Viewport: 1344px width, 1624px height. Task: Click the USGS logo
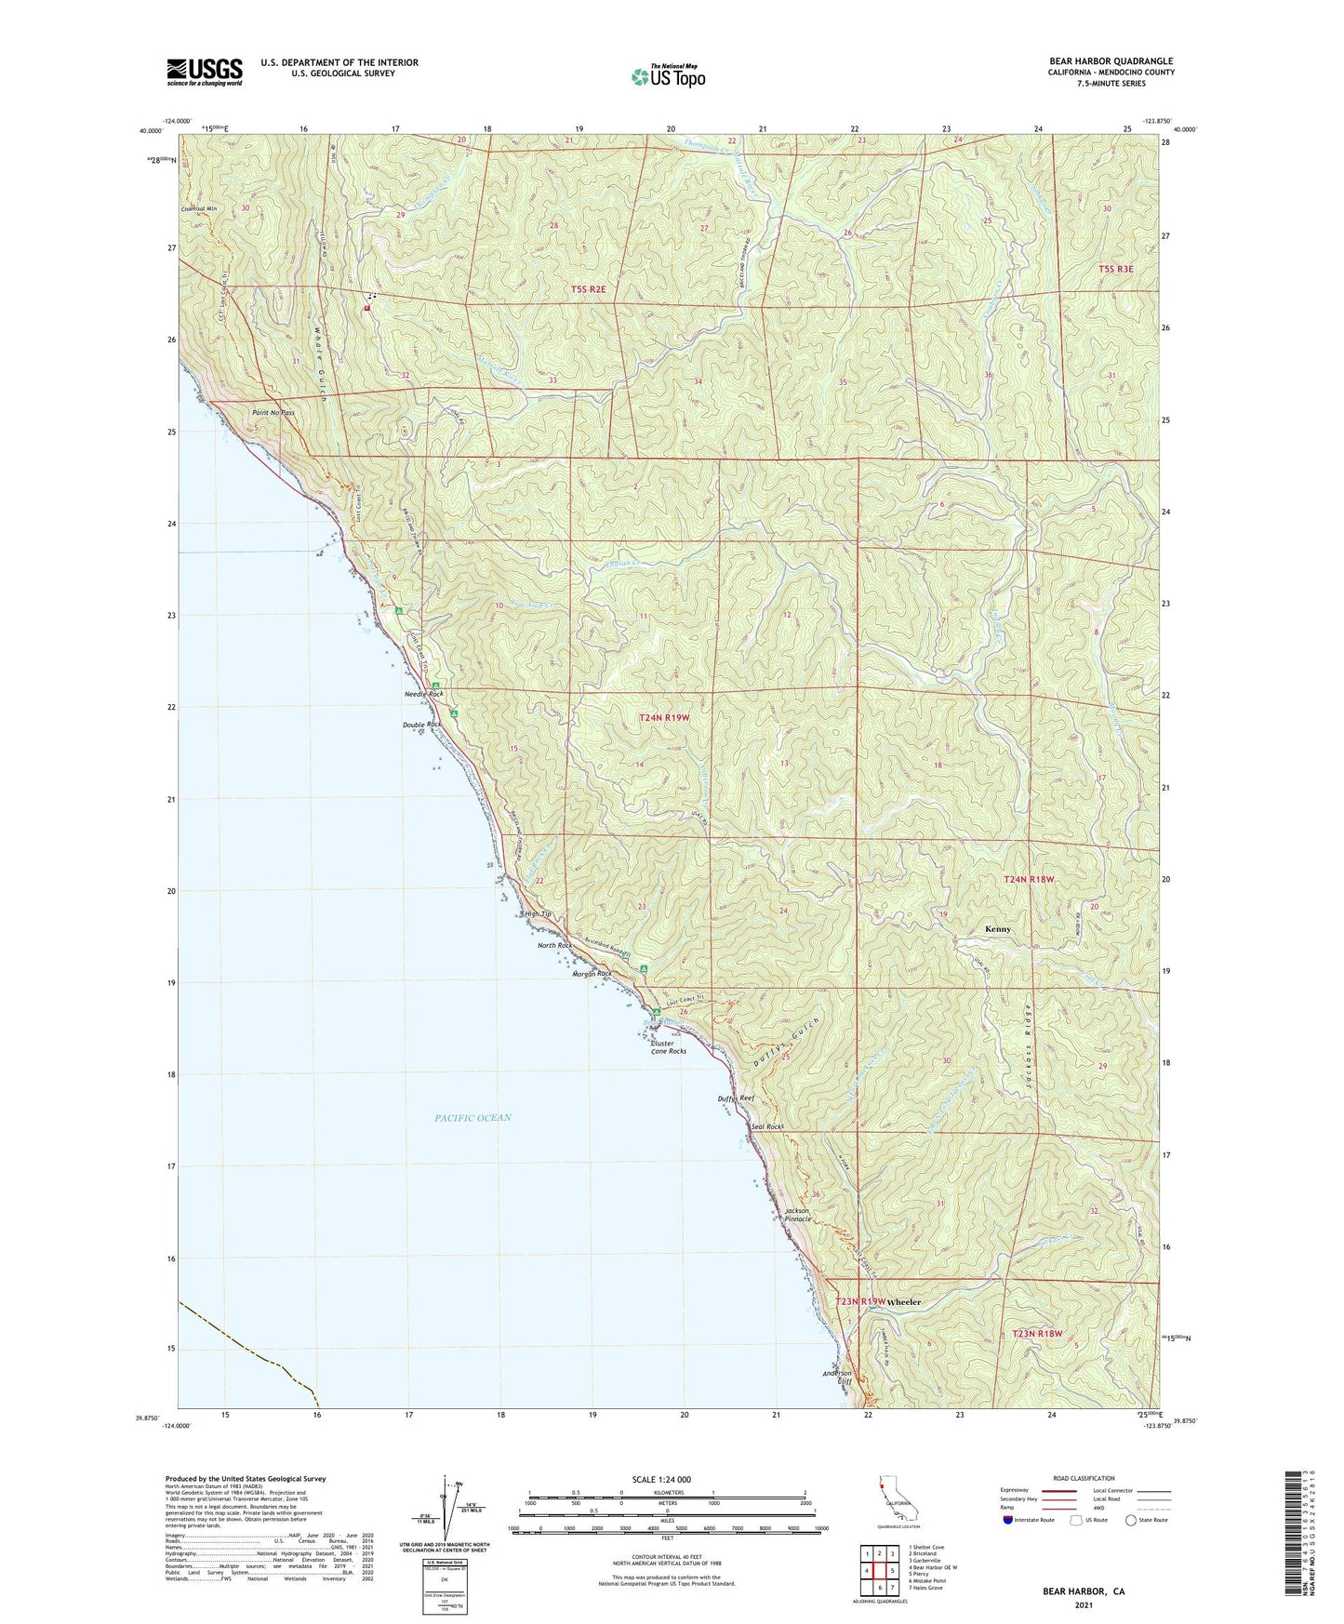point(205,72)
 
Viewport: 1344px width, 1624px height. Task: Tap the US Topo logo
point(667,76)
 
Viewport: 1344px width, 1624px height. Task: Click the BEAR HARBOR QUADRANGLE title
point(1111,61)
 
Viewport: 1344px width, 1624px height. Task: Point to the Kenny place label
point(998,929)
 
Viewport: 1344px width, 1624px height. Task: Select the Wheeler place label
point(903,1302)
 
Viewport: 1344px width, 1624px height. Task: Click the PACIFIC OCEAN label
point(472,1117)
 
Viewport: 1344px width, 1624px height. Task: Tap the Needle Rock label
point(423,695)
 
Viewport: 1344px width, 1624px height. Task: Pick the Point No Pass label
point(273,412)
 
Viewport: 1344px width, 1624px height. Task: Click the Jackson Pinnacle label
point(798,1215)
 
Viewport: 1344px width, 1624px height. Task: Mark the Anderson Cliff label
point(837,1378)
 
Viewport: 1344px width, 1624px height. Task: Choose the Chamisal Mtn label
point(199,208)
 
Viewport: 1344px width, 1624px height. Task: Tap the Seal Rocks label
point(767,1126)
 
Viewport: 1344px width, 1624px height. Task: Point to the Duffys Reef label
point(735,1098)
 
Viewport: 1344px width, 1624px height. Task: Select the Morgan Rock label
point(592,974)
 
